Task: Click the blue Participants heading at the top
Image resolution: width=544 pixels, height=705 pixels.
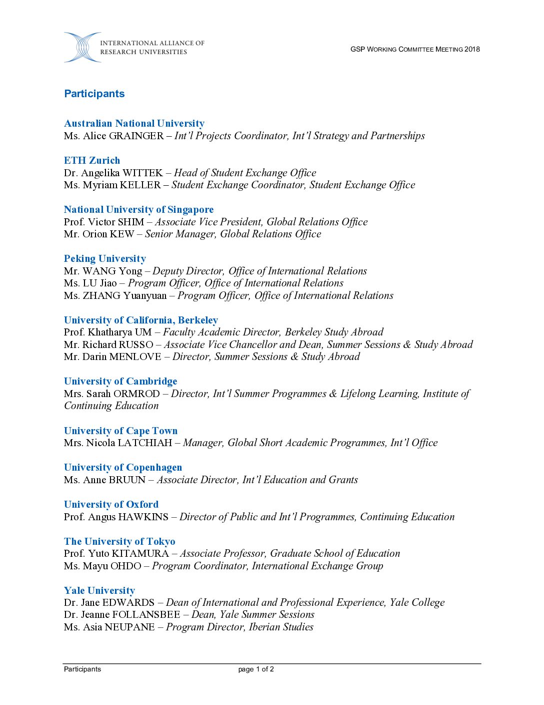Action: pyautogui.click(x=94, y=94)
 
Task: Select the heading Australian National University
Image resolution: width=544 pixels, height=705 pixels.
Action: pyautogui.click(x=134, y=123)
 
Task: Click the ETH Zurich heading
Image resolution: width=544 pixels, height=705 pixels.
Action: pyautogui.click(x=92, y=160)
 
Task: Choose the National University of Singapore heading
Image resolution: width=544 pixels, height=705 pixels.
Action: pyautogui.click(x=138, y=209)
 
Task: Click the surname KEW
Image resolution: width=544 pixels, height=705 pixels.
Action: pyautogui.click(x=122, y=234)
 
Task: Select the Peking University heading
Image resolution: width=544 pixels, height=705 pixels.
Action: pyautogui.click(x=105, y=258)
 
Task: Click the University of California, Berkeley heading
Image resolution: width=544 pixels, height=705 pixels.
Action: pyautogui.click(x=141, y=320)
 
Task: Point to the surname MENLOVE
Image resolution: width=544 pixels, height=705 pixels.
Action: pyautogui.click(x=135, y=357)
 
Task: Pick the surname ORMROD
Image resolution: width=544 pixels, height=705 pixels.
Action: pyautogui.click(x=136, y=394)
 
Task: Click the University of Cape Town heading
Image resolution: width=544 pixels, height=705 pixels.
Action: pyautogui.click(x=120, y=431)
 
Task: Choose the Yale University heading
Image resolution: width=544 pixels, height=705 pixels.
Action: pyautogui.click(x=99, y=590)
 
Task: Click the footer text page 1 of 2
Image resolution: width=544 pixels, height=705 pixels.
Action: pyautogui.click(x=256, y=669)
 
